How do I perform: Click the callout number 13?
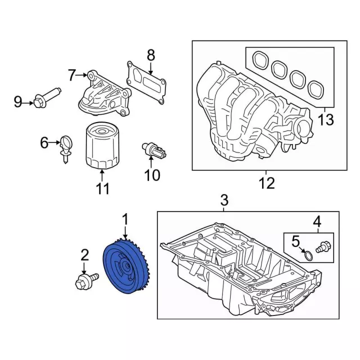[x=326, y=119]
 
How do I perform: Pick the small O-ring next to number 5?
[x=308, y=256]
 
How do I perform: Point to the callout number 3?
[x=223, y=200]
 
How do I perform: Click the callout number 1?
[x=125, y=218]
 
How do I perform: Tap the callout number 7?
[x=71, y=74]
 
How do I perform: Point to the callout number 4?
[x=317, y=221]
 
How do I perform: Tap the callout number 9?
[x=18, y=102]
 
